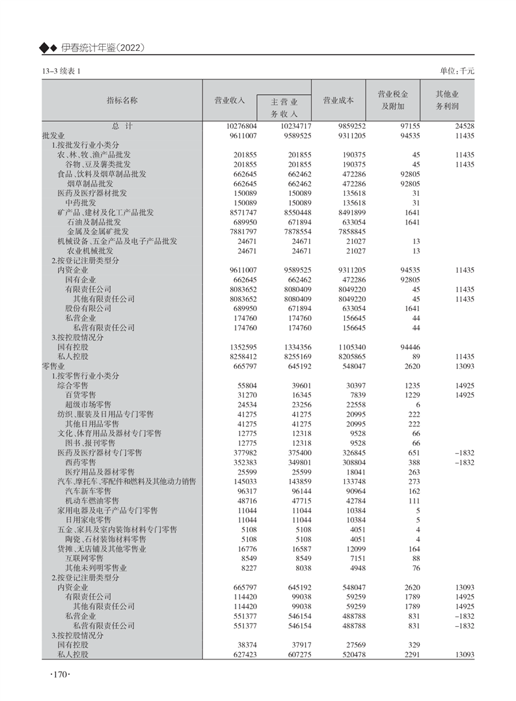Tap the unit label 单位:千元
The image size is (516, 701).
[457, 70]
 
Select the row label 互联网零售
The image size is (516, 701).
[84, 558]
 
